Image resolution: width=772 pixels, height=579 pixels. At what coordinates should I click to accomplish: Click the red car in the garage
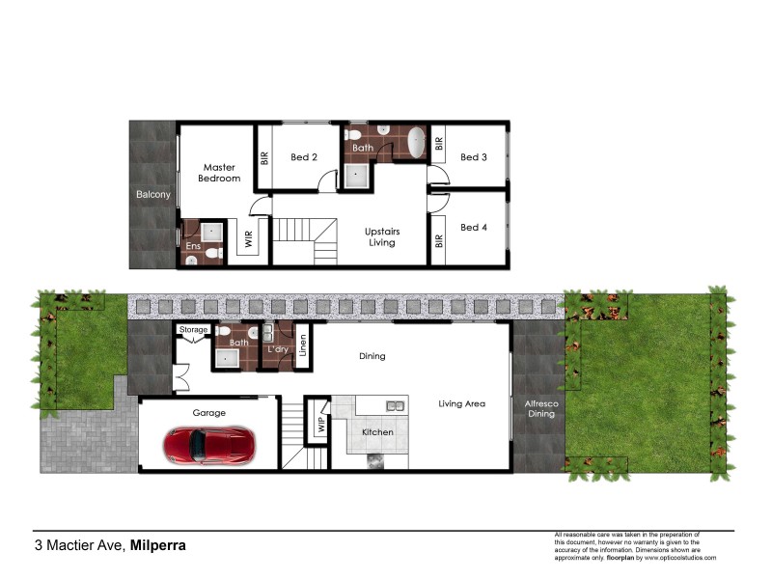[x=207, y=445]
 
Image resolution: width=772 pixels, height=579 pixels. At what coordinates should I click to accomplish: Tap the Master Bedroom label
[x=219, y=173]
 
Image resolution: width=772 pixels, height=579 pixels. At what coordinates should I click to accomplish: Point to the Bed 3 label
[x=474, y=157]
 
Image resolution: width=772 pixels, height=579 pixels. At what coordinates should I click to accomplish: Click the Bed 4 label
[x=474, y=228]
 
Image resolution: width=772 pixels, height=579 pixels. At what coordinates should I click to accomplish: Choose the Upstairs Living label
[x=382, y=236]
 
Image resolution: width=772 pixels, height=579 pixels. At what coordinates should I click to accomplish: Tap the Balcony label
[x=152, y=195]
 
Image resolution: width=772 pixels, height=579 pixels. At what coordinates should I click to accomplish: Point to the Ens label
[x=192, y=246]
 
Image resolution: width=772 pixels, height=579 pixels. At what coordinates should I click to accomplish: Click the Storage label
[x=193, y=330]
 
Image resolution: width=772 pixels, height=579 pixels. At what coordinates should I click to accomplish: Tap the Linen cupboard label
[x=303, y=345]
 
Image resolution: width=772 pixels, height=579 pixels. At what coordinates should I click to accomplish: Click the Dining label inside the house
[x=372, y=356]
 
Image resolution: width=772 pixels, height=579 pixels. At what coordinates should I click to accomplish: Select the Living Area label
[x=461, y=403]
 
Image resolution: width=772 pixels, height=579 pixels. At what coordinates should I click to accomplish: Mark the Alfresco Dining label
[x=539, y=408]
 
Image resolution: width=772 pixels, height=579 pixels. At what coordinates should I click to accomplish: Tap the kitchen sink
[x=395, y=404]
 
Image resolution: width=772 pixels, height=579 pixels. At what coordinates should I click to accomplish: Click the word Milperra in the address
[x=158, y=545]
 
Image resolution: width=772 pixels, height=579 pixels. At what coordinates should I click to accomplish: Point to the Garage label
[x=208, y=413]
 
